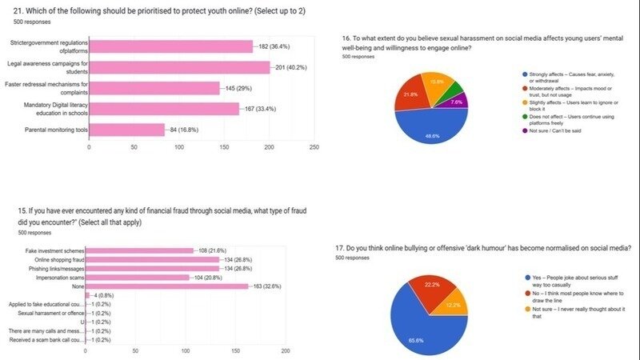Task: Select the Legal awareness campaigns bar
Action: point(179,67)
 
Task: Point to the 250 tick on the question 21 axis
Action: point(314,147)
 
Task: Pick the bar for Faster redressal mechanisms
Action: point(154,87)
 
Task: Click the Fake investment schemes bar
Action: point(139,250)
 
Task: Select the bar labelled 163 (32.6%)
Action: point(167,286)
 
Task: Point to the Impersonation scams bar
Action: point(137,277)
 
